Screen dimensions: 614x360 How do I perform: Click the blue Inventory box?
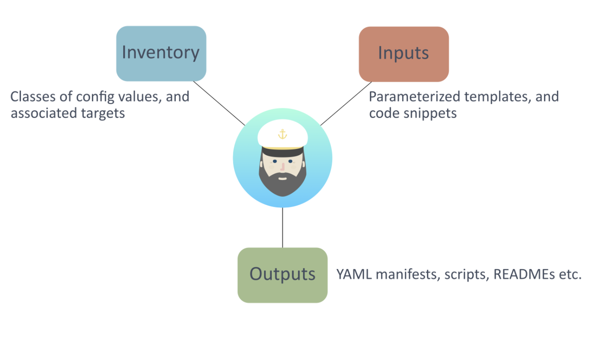pos(161,54)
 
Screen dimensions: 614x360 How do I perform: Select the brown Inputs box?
pos(404,54)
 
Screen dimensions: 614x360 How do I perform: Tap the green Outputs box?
pos(283,275)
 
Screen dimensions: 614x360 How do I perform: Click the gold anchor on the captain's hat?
pos(283,134)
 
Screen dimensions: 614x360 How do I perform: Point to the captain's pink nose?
pos(283,167)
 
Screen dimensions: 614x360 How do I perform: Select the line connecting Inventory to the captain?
pos(219,103)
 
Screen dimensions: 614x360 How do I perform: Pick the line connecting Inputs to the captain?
pos(346,104)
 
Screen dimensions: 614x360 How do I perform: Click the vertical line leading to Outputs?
pos(283,227)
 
